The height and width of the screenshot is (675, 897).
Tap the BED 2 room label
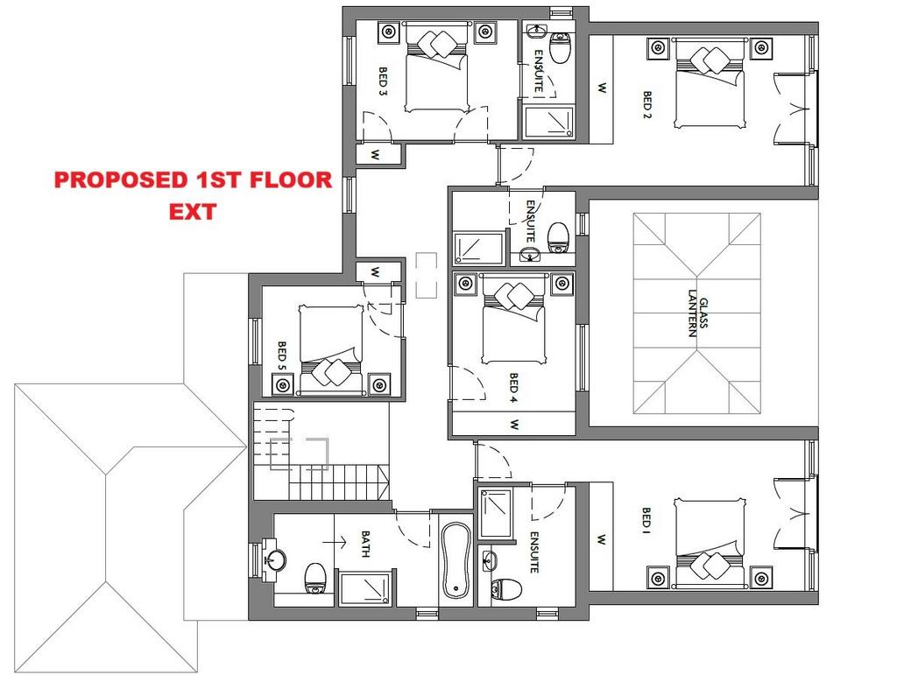click(x=647, y=104)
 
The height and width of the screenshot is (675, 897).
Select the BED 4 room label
click(x=513, y=389)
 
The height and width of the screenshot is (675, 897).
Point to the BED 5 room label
click(x=282, y=355)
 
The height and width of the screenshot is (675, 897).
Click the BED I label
click(x=646, y=518)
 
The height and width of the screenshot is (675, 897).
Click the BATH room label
click(x=365, y=544)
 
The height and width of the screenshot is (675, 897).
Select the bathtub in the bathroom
click(x=456, y=560)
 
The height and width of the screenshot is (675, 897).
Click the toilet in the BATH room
click(x=314, y=578)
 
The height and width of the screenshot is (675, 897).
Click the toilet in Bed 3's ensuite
click(x=560, y=47)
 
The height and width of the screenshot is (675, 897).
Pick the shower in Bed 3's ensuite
click(x=549, y=122)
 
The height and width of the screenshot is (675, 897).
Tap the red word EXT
click(x=192, y=212)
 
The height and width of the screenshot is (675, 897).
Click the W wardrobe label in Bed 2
click(x=602, y=88)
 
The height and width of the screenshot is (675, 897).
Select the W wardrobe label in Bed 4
click(x=514, y=425)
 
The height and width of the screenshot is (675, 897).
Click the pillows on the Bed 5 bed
click(x=332, y=371)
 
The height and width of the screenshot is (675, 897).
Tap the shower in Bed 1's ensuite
click(x=495, y=513)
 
